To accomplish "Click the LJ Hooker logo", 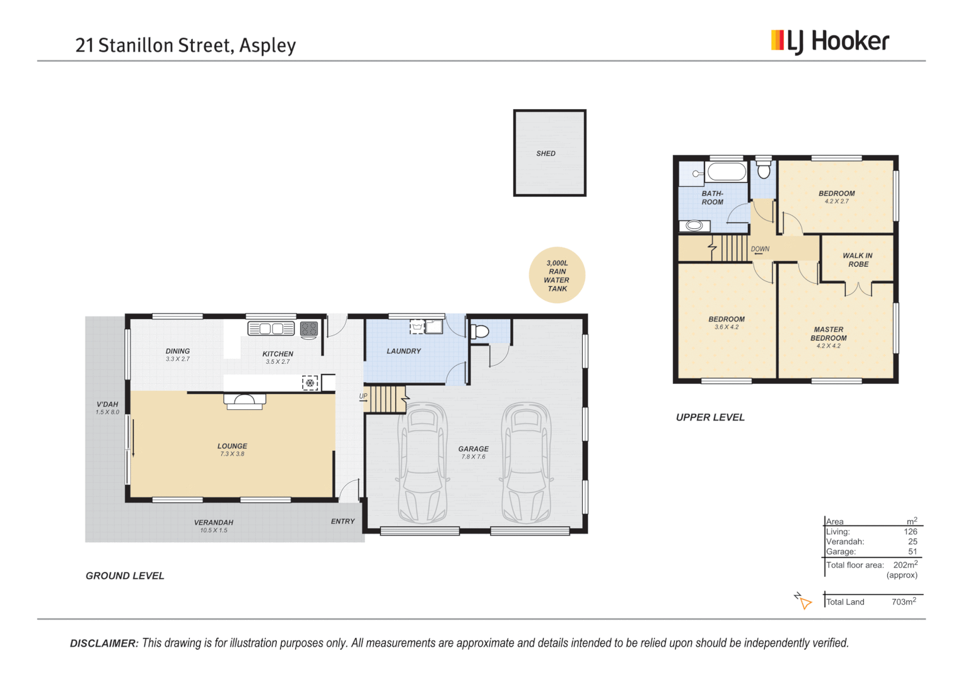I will point(829,42).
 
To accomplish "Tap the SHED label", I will point(546,153).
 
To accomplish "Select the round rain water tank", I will point(557,276).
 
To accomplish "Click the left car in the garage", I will point(423,463).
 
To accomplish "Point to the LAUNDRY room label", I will point(404,351).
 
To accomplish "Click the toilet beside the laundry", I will point(480,332).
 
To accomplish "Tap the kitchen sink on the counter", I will point(271,329).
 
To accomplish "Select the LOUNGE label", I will point(232,446).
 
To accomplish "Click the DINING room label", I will point(177,351).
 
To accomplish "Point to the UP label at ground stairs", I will point(363,397).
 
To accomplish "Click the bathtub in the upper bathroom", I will point(726,172).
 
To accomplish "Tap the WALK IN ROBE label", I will point(858,260).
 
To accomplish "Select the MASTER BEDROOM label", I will point(829,334).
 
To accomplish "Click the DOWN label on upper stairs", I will point(760,249).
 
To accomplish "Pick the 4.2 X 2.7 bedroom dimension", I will point(836,202).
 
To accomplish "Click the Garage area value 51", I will point(913,552).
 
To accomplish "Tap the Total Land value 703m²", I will point(904,602).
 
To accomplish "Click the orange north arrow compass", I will point(803,601).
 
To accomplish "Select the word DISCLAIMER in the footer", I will point(103,644).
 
